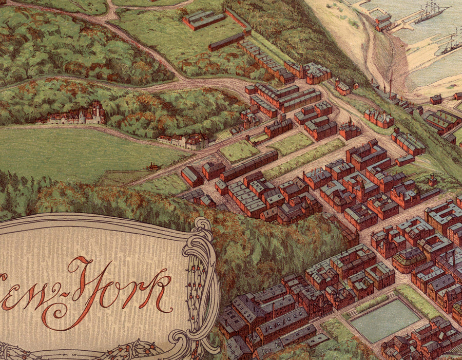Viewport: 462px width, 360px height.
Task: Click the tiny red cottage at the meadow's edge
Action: (153, 166)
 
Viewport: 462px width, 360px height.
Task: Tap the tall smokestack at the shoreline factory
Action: (391, 82)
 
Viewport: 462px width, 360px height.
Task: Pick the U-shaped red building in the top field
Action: (204, 20)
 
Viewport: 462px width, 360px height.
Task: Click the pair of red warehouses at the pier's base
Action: (383, 22)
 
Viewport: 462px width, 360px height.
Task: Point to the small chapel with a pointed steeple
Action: (433, 180)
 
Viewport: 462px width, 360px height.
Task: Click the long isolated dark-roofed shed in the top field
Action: (226, 41)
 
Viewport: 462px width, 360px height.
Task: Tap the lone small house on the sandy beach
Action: (436, 99)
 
